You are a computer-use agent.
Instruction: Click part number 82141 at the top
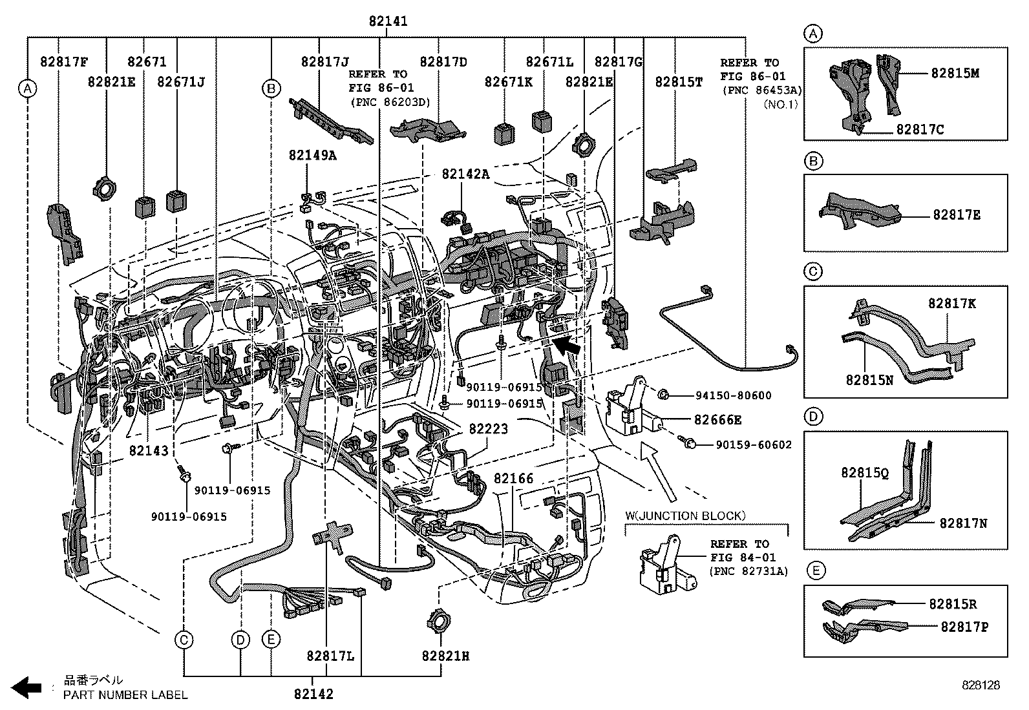coord(388,21)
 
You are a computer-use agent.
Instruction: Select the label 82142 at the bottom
coord(313,694)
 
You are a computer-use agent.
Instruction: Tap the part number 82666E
coord(717,420)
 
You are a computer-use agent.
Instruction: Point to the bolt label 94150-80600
coord(733,395)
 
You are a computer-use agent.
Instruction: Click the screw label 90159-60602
coord(753,444)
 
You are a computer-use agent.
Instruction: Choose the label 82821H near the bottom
coord(445,656)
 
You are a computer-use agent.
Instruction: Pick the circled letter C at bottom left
coord(184,640)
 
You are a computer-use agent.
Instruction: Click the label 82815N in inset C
coord(869,381)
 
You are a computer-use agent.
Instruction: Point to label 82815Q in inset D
coord(865,472)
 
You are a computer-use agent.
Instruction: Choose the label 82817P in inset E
coord(964,626)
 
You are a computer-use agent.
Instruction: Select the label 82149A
coord(312,155)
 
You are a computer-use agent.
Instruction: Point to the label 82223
coord(488,428)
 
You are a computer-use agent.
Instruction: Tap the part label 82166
coord(513,479)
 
